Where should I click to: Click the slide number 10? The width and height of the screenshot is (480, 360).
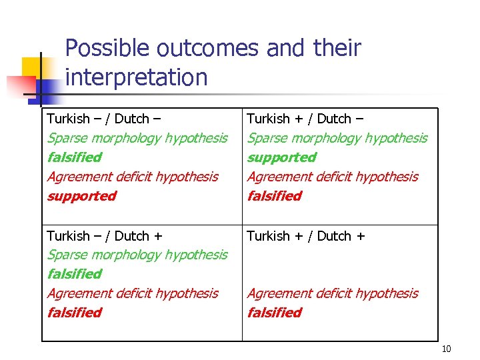(446, 349)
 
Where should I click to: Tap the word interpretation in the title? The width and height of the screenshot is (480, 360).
(137, 77)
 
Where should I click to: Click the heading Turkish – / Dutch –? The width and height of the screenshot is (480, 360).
(103, 119)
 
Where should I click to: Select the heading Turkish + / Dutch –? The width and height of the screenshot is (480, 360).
(305, 119)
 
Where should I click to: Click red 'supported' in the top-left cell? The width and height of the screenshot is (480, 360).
(81, 196)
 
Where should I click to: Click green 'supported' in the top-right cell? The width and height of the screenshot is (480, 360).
(281, 157)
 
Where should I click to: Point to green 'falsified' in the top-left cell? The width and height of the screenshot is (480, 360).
(74, 157)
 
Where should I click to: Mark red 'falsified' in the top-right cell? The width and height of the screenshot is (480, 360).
(274, 196)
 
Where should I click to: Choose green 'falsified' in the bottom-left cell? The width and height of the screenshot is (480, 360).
(74, 274)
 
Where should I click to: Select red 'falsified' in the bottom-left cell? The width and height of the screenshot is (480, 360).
(74, 313)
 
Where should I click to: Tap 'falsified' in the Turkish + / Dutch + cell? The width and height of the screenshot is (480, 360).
(274, 313)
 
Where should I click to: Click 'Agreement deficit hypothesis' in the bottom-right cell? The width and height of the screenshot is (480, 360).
(332, 293)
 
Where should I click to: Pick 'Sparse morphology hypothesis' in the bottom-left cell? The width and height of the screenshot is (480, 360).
(137, 255)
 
